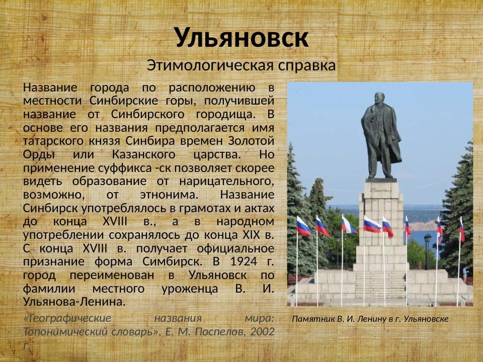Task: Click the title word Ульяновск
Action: click(x=241, y=37)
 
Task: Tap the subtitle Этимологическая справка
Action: click(x=241, y=65)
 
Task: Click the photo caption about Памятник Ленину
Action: click(x=370, y=319)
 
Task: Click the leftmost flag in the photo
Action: click(x=303, y=227)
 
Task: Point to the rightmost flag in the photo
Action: click(x=462, y=229)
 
